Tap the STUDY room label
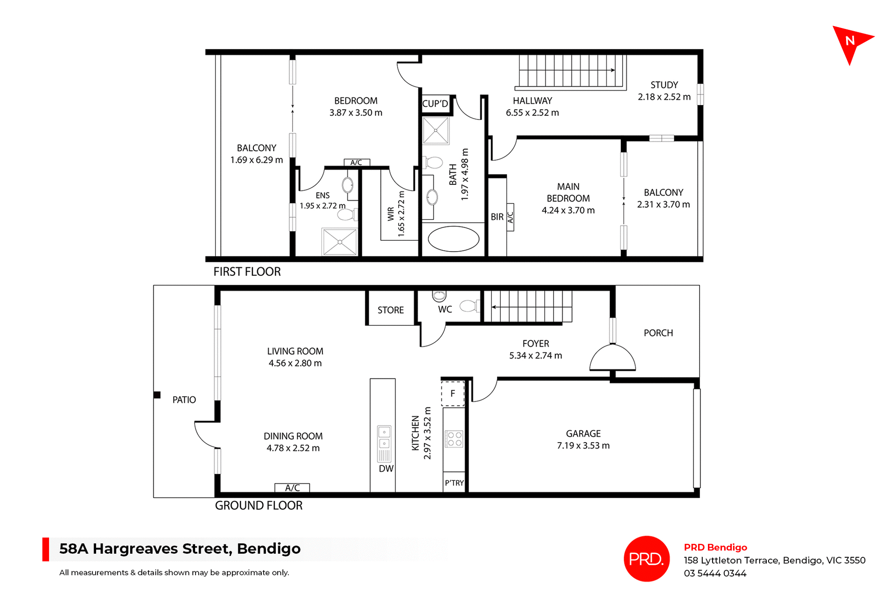tap(664, 85)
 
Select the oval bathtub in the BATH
tap(453, 239)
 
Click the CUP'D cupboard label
tap(435, 104)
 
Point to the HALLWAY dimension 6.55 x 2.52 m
tap(532, 113)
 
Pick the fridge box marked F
tap(453, 394)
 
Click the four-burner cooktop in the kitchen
tap(454, 439)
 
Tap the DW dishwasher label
tap(386, 469)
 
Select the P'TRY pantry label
tap(454, 483)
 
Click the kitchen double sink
tap(384, 437)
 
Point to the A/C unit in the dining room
tap(292, 488)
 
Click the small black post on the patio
tap(157, 395)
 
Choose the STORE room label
tap(391, 310)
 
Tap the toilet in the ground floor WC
tap(469, 306)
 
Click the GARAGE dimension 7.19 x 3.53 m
tap(583, 446)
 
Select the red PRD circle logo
tap(646, 559)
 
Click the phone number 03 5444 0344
tap(715, 574)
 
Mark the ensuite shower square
tap(340, 242)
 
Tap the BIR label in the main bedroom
tap(497, 217)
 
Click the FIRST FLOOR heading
tap(247, 272)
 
